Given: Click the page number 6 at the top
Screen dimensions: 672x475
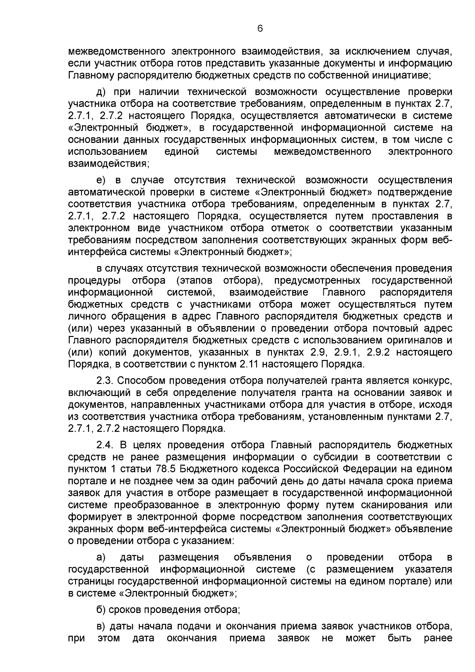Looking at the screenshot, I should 260,28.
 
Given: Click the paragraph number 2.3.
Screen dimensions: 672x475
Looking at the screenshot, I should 105,381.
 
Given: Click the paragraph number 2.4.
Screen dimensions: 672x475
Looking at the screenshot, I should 105,445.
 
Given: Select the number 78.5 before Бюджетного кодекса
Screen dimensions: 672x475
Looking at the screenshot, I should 169,469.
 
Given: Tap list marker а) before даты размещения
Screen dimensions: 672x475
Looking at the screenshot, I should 102,557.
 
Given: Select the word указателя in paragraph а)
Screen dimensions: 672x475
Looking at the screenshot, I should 429,569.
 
